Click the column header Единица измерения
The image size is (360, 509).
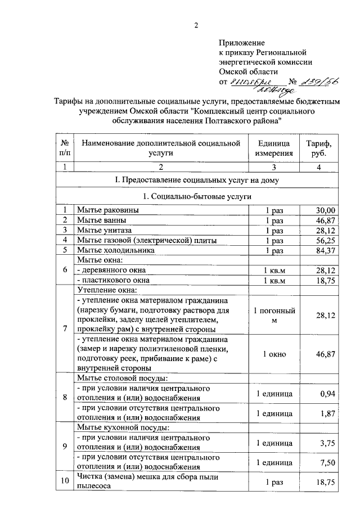[x=274, y=148]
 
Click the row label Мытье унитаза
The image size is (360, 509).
[x=104, y=230]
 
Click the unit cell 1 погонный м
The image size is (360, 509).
[x=274, y=316]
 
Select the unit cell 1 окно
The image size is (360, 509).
[x=274, y=354]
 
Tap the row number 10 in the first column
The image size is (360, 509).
[x=65, y=482]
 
